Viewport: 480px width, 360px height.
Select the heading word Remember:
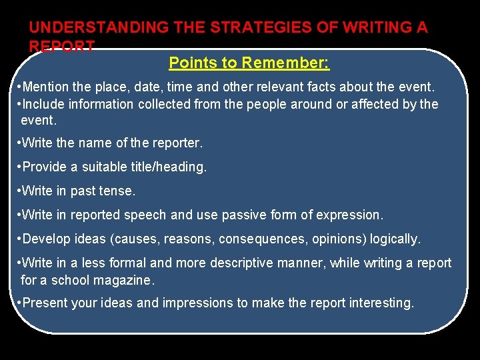click(x=286, y=63)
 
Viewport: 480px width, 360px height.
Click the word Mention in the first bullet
click(x=49, y=87)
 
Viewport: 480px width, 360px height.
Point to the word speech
click(x=141, y=215)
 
